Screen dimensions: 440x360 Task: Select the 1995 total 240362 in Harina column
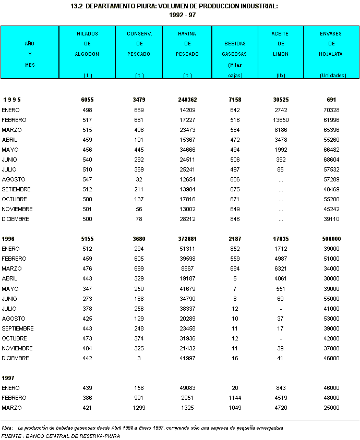click(x=187, y=100)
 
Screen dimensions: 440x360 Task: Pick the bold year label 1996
click(x=8, y=238)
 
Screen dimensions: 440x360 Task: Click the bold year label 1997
click(x=8, y=377)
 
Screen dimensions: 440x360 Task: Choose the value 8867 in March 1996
click(x=190, y=268)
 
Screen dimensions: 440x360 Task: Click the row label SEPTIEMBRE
click(x=18, y=328)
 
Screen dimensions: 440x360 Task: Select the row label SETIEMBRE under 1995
click(x=16, y=189)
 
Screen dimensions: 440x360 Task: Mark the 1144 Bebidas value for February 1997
click(x=235, y=398)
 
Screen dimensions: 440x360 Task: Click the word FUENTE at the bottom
click(x=11, y=436)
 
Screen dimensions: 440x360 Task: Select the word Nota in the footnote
click(x=7, y=427)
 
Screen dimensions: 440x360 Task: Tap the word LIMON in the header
click(x=281, y=54)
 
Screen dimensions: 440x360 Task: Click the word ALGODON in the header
click(x=87, y=54)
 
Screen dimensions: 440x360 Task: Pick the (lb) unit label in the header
click(x=281, y=76)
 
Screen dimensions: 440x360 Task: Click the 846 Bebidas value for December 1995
click(x=235, y=219)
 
